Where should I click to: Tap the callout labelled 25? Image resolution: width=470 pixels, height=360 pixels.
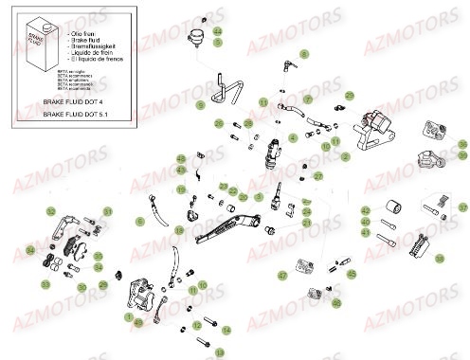click(x=350, y=96)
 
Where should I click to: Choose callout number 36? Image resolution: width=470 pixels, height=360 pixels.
click(x=462, y=144)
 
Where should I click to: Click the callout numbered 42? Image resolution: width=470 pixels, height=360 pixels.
click(x=365, y=210)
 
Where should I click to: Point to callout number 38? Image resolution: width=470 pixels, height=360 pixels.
click(x=439, y=258)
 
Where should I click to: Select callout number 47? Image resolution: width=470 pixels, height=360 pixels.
click(x=280, y=275)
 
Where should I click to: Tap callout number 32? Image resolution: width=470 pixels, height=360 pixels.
click(x=50, y=211)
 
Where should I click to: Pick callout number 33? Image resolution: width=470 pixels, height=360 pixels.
click(x=45, y=283)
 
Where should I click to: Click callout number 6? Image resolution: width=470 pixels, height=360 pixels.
click(x=139, y=221)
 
